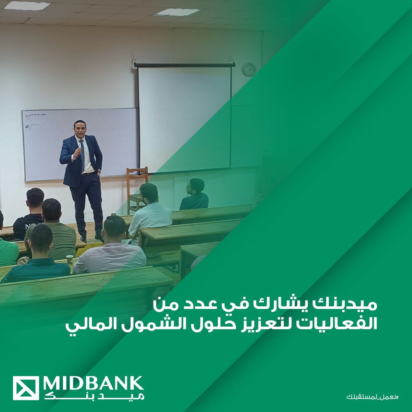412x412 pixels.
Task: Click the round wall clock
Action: pos(249,70)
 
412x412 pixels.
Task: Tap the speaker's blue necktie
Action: pos(82,155)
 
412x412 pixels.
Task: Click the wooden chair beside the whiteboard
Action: pos(137,190)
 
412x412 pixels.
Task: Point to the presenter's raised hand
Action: pos(77,152)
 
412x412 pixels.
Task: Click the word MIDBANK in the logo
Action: pos(93,385)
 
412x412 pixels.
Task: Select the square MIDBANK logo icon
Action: pos(26,388)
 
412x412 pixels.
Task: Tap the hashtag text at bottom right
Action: pos(372,396)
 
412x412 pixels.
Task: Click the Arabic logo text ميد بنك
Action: pos(94,396)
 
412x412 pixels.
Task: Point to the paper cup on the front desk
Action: pos(70,259)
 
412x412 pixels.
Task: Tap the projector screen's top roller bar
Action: pos(185,64)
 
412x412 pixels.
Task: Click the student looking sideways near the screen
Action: pos(195,195)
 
